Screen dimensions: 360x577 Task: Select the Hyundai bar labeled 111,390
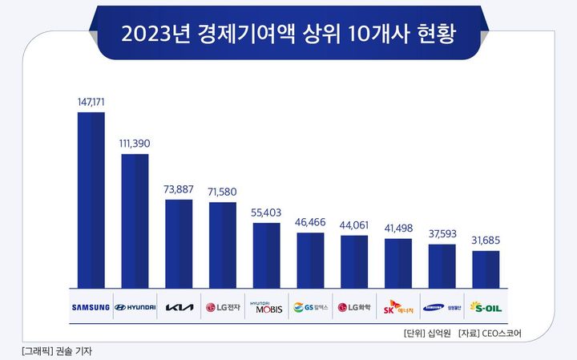(x=135, y=220)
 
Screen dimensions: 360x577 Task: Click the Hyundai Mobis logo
(x=266, y=307)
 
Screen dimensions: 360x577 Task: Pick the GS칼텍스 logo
(x=310, y=307)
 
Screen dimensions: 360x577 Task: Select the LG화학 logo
(x=354, y=307)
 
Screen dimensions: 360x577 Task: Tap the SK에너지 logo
(x=398, y=307)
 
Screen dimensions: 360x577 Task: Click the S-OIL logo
(x=486, y=307)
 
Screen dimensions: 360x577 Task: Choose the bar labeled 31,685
(x=486, y=269)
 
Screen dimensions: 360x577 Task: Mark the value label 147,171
(x=91, y=102)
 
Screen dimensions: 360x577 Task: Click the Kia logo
(x=179, y=307)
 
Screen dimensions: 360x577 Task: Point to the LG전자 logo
(x=223, y=307)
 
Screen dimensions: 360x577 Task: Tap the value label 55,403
(x=266, y=212)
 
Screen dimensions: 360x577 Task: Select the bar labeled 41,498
(x=398, y=262)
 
